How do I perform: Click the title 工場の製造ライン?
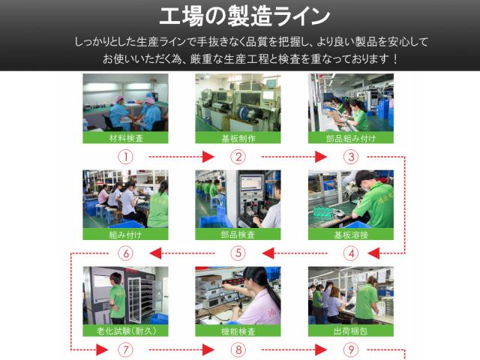(244, 16)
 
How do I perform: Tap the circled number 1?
(125, 157)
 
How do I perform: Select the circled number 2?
(238, 157)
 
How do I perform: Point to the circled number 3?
(351, 157)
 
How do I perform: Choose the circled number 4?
(351, 253)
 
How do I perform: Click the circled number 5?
(238, 253)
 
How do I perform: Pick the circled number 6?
(125, 253)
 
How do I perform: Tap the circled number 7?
(125, 349)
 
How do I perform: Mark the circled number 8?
(238, 349)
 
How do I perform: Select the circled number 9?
(351, 349)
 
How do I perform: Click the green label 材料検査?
(125, 138)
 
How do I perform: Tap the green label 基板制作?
(238, 138)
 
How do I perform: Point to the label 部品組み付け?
(351, 138)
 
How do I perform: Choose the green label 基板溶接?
(351, 234)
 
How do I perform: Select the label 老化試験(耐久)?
(125, 331)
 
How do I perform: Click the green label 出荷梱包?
(351, 331)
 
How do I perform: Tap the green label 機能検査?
(238, 331)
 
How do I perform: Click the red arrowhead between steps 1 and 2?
(208, 157)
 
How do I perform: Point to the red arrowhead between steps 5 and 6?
(155, 253)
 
